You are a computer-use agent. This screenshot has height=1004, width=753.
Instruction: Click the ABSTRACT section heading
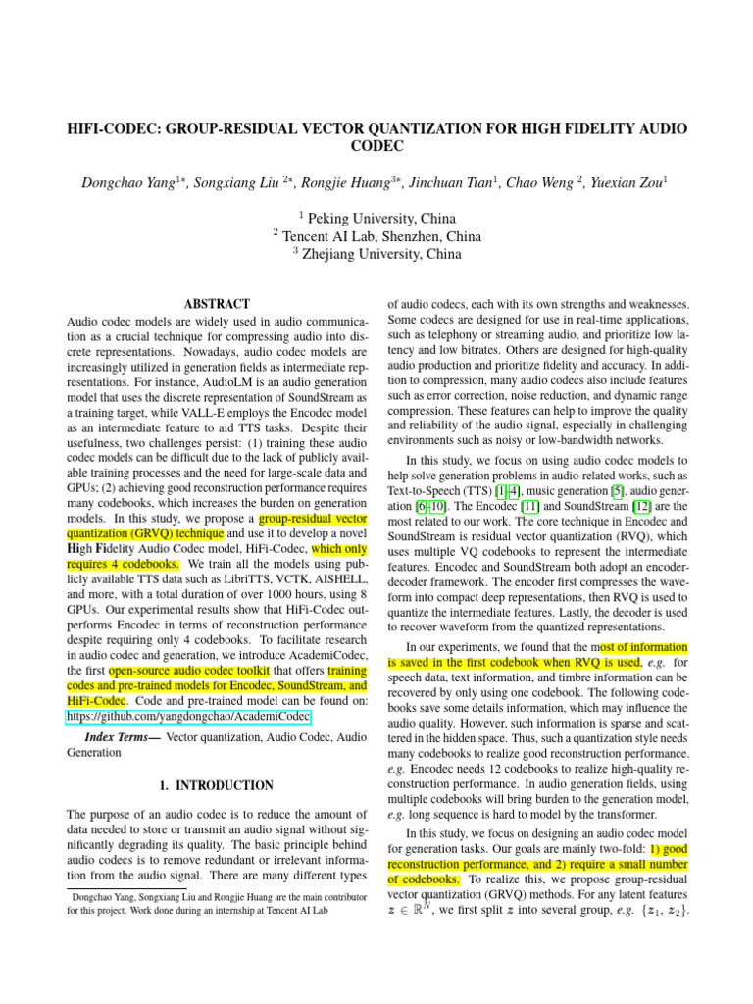click(217, 304)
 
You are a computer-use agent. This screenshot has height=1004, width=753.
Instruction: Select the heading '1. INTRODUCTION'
click(216, 785)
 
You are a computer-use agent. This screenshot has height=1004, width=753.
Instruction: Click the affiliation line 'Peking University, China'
click(381, 218)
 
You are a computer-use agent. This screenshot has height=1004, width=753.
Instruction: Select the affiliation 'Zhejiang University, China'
click(382, 254)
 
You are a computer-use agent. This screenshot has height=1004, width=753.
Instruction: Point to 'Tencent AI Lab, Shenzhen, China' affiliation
click(381, 236)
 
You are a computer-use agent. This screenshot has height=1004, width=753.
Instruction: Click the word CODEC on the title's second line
click(376, 146)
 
